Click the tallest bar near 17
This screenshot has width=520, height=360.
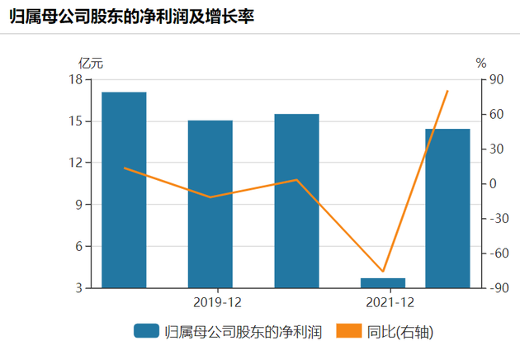124,190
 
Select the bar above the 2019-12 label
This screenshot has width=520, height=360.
210,204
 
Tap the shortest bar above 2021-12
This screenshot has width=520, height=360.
383,283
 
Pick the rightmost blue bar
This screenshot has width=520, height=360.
447,208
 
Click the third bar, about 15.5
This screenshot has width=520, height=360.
296,201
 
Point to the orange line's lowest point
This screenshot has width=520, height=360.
383,271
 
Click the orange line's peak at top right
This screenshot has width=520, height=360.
447,91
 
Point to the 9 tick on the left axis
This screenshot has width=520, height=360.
79,205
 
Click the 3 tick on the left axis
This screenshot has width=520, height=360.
79,288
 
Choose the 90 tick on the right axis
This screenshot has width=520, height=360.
498,79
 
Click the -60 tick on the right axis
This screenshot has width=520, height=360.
498,253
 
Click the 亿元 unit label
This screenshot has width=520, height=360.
91,62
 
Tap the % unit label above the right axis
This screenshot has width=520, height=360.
481,62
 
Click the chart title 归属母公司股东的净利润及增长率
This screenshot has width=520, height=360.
132,16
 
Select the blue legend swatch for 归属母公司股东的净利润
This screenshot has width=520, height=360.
146,332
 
